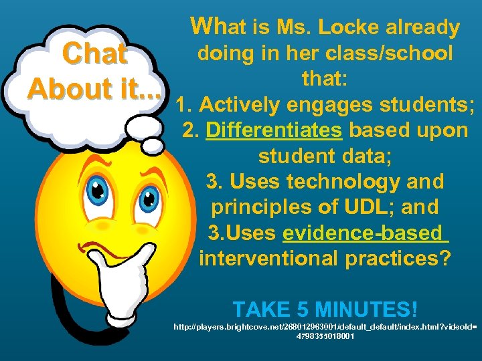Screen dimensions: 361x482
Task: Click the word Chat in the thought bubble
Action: [x=94, y=55]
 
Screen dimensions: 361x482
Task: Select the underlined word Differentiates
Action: [x=274, y=130]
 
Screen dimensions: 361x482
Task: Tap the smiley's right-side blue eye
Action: [x=149, y=195]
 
